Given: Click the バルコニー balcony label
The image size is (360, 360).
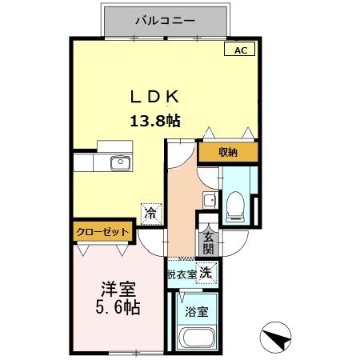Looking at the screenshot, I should pyautogui.click(x=167, y=18).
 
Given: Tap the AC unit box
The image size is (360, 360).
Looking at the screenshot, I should pyautogui.click(x=242, y=50).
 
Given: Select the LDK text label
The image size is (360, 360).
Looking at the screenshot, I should pyautogui.click(x=154, y=96).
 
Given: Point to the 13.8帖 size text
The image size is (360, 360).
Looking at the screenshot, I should pyautogui.click(x=155, y=122).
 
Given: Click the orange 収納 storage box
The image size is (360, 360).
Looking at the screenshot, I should pyautogui.click(x=228, y=152).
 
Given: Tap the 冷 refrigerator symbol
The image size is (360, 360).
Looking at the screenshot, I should pyautogui.click(x=150, y=213).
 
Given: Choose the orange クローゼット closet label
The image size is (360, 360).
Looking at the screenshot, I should pyautogui.click(x=102, y=232).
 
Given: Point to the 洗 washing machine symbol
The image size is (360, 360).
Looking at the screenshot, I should pyautogui.click(x=205, y=272).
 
